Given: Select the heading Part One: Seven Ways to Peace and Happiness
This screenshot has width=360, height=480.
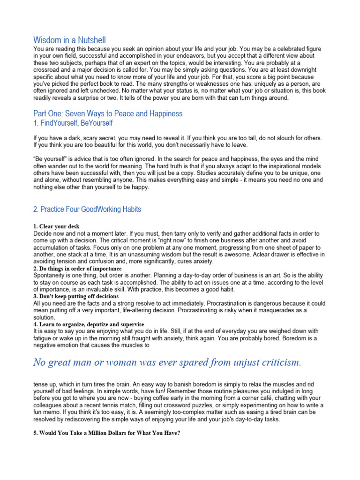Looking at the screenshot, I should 108,113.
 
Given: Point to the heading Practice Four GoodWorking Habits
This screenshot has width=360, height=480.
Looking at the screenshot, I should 87,209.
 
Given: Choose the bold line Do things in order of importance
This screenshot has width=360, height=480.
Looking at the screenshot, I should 77,269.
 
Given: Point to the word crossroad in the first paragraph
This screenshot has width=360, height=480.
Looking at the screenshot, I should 47,69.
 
